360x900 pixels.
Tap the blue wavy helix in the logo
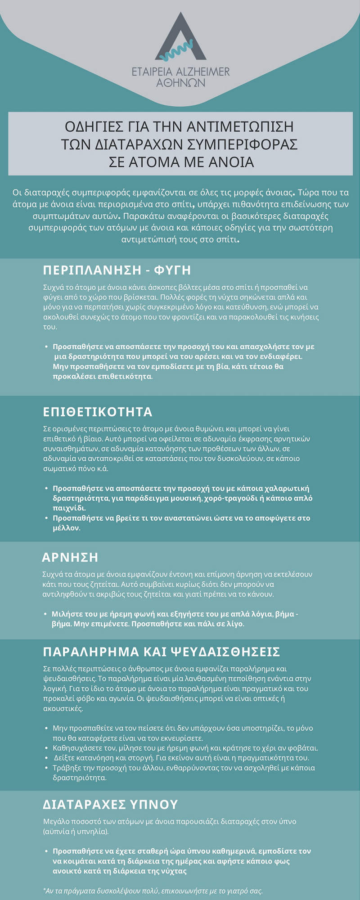(180, 52)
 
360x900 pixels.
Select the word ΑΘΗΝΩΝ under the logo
(180, 83)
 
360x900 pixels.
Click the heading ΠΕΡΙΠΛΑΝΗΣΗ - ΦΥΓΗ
(117, 270)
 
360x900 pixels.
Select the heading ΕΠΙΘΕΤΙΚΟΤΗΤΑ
(98, 412)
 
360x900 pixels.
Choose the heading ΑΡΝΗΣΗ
(70, 557)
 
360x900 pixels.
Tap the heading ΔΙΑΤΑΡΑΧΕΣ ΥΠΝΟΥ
(111, 804)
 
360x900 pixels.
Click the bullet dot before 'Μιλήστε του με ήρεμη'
(45, 614)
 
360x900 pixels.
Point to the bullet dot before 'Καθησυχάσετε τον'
(47, 748)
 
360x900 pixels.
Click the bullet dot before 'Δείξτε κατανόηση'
(47, 758)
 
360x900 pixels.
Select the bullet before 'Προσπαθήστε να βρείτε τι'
(47, 518)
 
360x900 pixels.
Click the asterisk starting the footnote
(45, 890)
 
